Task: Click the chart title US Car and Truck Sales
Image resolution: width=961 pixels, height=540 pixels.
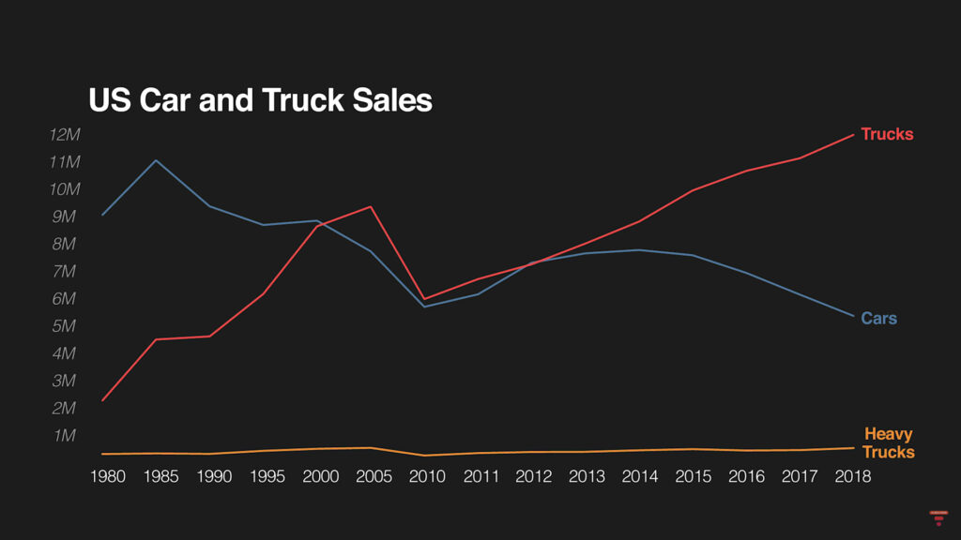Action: (260, 100)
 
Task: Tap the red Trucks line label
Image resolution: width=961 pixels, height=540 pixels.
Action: (886, 134)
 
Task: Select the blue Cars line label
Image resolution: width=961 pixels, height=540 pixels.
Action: (878, 319)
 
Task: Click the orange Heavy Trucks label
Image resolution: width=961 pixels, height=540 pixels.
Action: (888, 442)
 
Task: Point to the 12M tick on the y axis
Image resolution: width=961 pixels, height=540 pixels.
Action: (66, 135)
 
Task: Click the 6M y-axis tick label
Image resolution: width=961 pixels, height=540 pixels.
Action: (66, 299)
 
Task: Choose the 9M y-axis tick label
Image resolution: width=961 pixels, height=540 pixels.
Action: (66, 217)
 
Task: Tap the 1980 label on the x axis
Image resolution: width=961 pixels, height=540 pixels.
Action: (107, 476)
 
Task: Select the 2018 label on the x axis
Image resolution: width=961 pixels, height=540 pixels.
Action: (852, 476)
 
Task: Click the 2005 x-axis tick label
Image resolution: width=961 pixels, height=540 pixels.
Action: (374, 476)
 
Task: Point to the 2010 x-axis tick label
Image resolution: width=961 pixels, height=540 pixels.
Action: (427, 476)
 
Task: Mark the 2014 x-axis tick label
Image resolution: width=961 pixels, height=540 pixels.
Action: (640, 476)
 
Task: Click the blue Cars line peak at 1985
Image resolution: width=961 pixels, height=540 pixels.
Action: (156, 160)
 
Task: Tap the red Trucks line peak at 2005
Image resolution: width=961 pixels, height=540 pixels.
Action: (372, 206)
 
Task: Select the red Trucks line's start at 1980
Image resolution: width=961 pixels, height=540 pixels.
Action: (102, 400)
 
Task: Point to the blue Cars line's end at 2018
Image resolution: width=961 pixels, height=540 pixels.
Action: (853, 316)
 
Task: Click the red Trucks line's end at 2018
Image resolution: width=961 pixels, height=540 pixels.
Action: (853, 134)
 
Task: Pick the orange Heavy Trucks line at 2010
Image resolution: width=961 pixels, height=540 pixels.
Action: (425, 456)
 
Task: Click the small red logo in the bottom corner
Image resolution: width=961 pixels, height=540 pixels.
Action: (937, 517)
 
